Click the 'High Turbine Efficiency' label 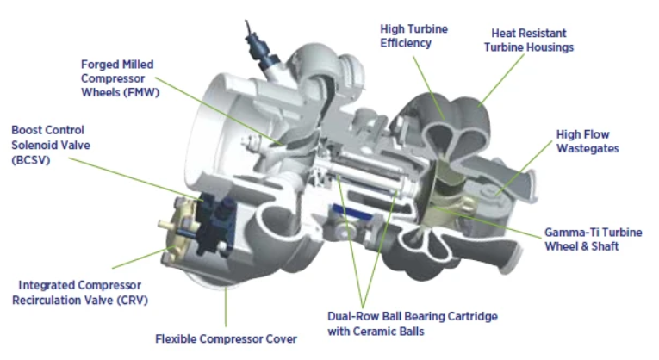[413, 35]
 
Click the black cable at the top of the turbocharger [251, 34]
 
